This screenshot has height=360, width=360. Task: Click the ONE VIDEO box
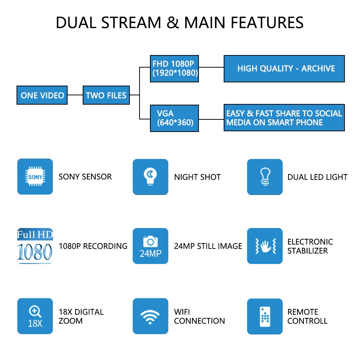(42, 95)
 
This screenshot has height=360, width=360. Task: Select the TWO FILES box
(106, 95)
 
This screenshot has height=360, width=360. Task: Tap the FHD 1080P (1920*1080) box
(174, 69)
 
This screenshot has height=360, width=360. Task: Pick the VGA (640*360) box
(174, 118)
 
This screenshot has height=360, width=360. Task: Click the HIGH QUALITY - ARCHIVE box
(284, 69)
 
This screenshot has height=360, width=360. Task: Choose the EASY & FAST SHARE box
(284, 118)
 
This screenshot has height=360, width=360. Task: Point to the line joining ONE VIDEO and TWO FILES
(75, 95)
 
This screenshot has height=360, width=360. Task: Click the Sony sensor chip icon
(35, 177)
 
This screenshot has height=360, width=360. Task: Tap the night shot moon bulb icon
(150, 177)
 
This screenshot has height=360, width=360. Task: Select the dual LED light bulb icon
(265, 177)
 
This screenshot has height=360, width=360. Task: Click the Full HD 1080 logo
(35, 246)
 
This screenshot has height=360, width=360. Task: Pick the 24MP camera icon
(150, 246)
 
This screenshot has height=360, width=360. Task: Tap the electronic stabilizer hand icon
(265, 246)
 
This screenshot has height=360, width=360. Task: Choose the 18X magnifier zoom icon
(35, 316)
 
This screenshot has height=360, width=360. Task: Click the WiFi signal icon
(150, 316)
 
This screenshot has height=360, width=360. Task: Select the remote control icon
(265, 316)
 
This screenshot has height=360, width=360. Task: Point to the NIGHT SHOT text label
(197, 177)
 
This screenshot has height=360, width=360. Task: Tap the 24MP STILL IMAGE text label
(208, 246)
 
